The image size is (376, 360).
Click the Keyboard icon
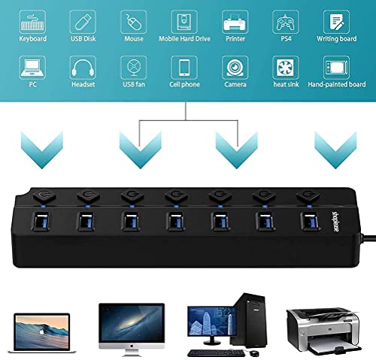click(x=32, y=22)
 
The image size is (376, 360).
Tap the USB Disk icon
click(x=83, y=22)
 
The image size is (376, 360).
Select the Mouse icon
click(x=134, y=22)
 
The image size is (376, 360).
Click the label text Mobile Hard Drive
click(x=184, y=39)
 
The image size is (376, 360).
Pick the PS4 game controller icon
click(x=286, y=22)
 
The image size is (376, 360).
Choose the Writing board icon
click(x=336, y=22)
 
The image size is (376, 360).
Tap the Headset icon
click(x=83, y=68)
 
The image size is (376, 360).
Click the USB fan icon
click(x=134, y=68)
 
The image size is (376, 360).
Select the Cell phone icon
click(x=184, y=68)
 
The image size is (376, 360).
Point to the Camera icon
click(x=235, y=68)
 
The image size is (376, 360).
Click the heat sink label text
click(x=286, y=84)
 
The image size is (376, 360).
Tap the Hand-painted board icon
click(x=336, y=68)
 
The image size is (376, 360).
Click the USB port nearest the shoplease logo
click(x=310, y=221)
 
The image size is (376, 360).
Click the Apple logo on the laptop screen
click(x=42, y=332)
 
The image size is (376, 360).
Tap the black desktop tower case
click(x=250, y=320)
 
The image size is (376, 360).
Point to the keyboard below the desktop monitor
click(x=217, y=353)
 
